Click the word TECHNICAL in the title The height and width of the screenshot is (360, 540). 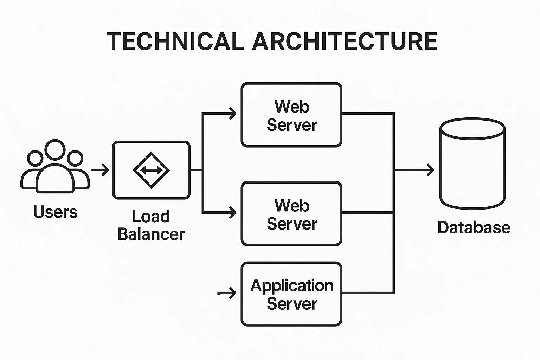[175, 41]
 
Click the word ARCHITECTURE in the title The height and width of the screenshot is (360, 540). [345, 41]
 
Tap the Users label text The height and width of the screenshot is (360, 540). [56, 212]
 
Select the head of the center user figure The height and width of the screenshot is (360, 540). [55, 150]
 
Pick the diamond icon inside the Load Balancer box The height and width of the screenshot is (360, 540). [152, 170]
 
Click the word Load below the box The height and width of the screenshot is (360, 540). [151, 217]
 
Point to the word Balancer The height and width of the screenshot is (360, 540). [151, 234]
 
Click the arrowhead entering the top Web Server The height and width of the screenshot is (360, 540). [232, 113]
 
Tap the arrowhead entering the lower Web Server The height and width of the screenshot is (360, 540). [232, 212]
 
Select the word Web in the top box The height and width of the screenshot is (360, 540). [292, 107]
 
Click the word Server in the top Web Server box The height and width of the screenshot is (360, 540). [292, 125]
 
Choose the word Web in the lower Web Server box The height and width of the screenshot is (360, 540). [292, 206]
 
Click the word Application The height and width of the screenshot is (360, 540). [292, 285]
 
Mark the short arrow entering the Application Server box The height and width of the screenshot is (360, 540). [228, 292]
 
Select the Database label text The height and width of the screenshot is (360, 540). [474, 227]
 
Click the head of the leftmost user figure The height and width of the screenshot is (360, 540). [35, 158]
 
